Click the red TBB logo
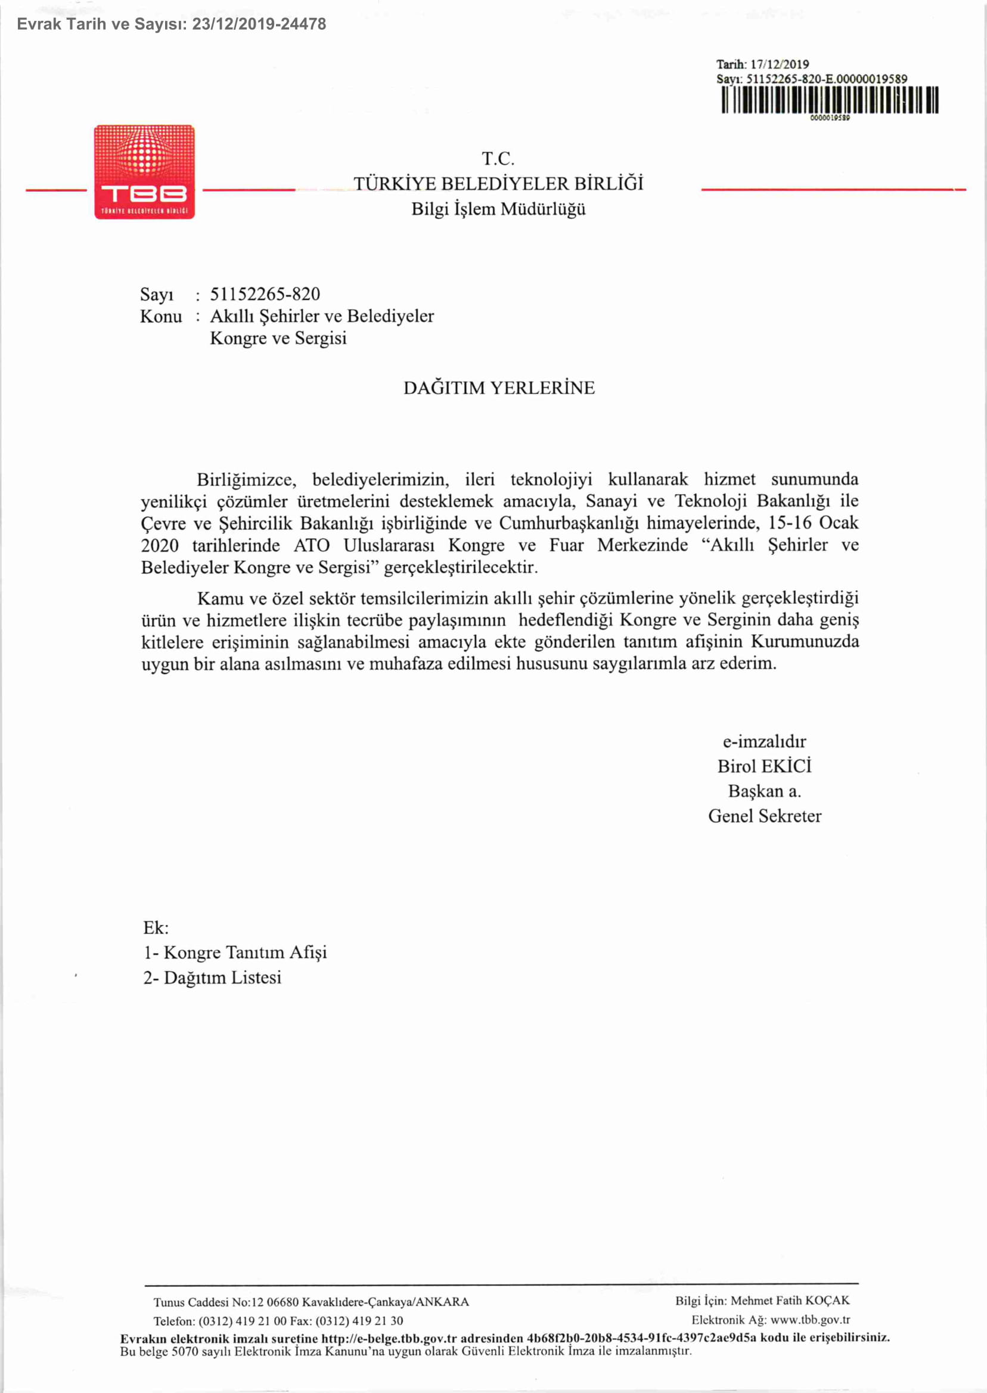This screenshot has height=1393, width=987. (145, 172)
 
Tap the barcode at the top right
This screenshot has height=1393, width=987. (830, 100)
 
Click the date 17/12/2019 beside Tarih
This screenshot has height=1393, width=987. (780, 64)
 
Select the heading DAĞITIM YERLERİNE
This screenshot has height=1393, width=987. (499, 388)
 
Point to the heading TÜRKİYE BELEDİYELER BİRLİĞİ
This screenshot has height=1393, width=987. (498, 184)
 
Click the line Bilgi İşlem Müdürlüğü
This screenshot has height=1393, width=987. (498, 209)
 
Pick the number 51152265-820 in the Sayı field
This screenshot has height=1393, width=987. (265, 294)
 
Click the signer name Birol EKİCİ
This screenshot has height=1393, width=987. (764, 766)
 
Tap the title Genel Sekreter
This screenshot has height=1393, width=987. (764, 815)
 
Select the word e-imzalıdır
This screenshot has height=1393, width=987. (764, 741)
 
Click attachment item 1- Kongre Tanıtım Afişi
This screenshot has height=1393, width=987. (235, 952)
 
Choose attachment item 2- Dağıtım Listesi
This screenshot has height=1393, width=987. (212, 978)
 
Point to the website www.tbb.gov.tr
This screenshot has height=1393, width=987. (809, 1320)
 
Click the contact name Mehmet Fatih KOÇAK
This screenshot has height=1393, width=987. (790, 1301)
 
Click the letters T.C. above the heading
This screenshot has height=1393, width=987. (498, 159)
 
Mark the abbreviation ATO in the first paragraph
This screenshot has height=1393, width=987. (311, 545)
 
